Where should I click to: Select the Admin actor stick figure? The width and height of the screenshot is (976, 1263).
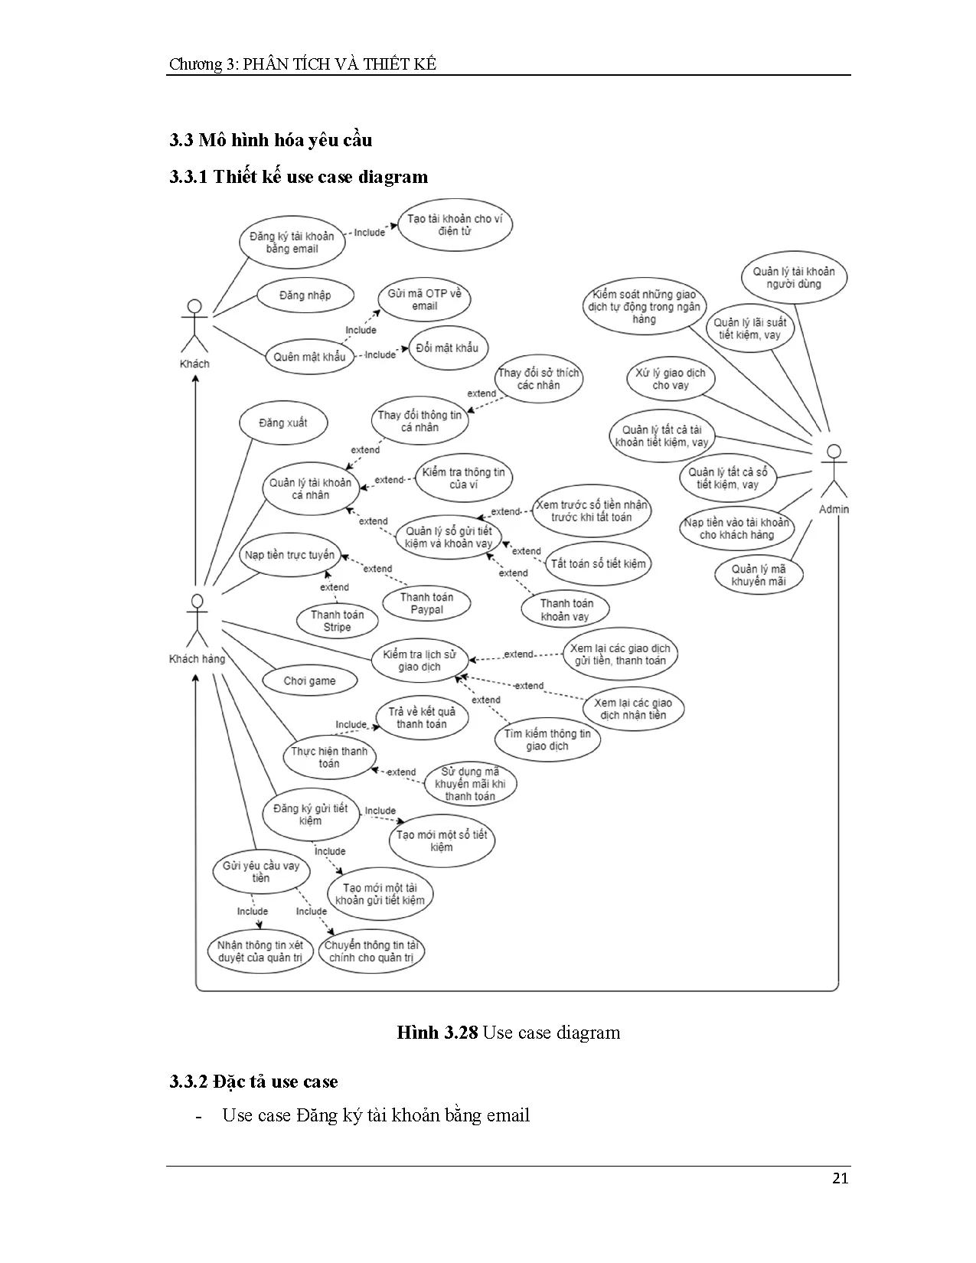coord(834,472)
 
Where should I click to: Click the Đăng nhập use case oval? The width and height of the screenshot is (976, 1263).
coord(305,295)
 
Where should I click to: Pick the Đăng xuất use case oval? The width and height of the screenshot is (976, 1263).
coord(283,423)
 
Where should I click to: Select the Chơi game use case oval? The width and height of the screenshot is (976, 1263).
coord(309,680)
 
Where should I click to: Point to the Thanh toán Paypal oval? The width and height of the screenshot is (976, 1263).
coord(426,603)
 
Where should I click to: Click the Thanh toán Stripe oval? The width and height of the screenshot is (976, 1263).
coord(337,621)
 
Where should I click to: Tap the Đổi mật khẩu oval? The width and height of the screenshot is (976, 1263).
coord(447,348)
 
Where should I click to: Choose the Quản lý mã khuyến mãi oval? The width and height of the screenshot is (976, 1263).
coord(758,575)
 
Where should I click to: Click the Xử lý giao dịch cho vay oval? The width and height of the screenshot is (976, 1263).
coord(671,379)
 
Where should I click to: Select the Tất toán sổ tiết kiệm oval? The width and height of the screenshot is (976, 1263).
coord(598,564)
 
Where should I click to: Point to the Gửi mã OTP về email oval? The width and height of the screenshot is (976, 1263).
coord(425,300)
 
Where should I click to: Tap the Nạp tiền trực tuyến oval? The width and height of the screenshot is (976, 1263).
coord(289,555)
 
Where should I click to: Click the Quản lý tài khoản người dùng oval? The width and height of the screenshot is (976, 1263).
coord(794,278)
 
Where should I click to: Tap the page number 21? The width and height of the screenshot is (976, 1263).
coord(840,1178)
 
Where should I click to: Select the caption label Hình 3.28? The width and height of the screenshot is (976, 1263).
coord(437,1033)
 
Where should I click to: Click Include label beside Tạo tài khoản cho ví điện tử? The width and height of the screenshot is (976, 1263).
coord(369,233)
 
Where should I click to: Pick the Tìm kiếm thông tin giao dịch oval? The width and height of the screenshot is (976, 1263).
coord(547,739)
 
